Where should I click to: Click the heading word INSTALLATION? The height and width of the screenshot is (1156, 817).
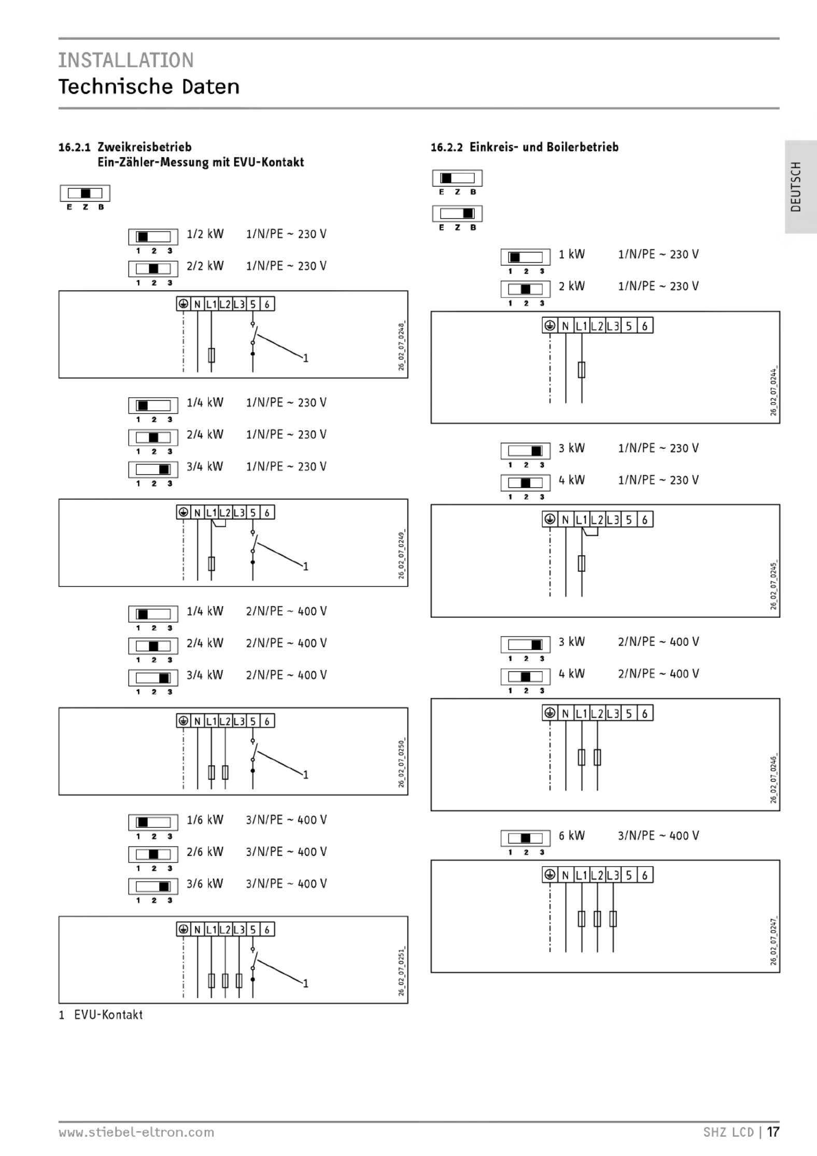coord(125,60)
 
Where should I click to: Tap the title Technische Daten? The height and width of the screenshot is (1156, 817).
coord(149,87)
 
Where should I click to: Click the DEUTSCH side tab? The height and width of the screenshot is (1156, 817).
coord(796,187)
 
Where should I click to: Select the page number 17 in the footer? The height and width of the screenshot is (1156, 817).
coord(773,1132)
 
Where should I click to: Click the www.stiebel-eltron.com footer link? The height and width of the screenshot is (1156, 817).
coord(136,1132)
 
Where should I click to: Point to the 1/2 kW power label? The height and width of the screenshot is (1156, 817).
coord(205,234)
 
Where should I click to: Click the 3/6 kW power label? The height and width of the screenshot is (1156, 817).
coord(205,883)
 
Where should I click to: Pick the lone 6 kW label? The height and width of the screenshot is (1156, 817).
coord(571,836)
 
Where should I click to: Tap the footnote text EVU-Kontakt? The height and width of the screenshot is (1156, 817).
coord(108,1015)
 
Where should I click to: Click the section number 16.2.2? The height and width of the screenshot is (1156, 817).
coord(446,147)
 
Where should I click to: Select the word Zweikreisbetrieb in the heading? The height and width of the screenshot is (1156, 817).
coord(145,147)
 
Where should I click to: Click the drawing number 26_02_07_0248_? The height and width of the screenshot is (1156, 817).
coord(401,346)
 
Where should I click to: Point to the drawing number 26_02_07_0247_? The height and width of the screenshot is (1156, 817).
coord(773,941)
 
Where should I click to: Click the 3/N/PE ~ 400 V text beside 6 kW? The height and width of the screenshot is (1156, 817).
coord(658,836)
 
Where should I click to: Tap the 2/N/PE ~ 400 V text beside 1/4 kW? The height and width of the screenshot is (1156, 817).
coord(286,611)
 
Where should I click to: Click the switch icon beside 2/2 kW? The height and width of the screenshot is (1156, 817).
coord(153,269)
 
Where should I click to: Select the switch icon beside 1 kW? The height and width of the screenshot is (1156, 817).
coord(525,257)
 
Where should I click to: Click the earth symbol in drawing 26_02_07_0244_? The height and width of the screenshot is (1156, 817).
coord(550,326)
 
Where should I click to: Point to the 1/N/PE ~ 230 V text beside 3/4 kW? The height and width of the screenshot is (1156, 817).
coord(286,467)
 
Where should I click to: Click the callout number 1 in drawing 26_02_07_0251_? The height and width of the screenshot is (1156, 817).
coord(306,983)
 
